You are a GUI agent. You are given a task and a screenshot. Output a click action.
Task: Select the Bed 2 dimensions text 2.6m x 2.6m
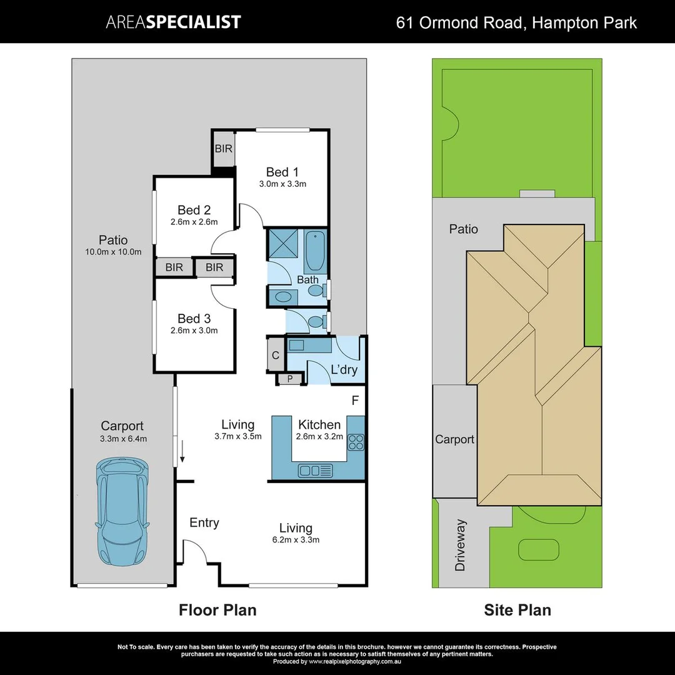[x=194, y=222]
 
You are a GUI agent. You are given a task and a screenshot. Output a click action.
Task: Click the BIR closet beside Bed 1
[x=223, y=149]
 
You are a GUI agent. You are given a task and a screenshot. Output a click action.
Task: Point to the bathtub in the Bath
[x=316, y=249]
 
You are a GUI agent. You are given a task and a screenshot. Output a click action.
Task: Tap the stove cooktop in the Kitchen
[x=356, y=442]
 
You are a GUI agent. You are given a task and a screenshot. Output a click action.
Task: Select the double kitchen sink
[x=316, y=470]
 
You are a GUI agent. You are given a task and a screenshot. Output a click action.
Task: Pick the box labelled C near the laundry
[x=276, y=356]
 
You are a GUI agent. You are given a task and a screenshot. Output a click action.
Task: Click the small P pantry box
[x=290, y=378]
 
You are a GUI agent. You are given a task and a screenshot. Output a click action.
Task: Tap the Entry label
[x=204, y=522]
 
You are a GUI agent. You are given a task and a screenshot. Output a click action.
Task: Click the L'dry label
[x=344, y=370]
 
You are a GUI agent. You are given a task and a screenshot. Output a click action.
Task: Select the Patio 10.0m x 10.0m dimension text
[x=113, y=252]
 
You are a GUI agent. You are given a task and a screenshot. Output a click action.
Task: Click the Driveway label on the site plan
[x=461, y=545]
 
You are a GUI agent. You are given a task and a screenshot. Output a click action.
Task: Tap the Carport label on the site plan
[x=454, y=439]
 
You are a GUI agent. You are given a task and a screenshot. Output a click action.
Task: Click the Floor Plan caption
[x=217, y=609]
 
